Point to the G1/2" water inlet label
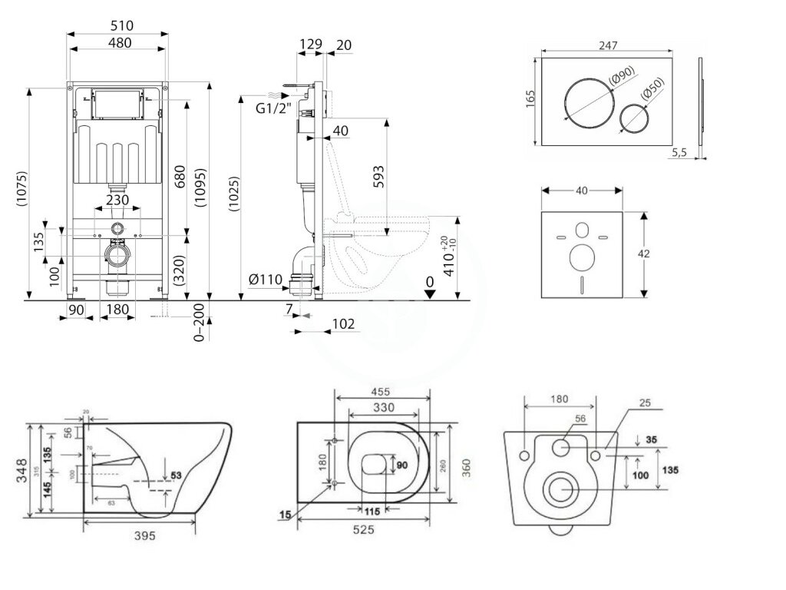[x=272, y=109]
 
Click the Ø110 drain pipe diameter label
[x=266, y=280]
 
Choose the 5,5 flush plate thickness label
[x=679, y=153]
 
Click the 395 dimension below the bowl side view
[x=140, y=535]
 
